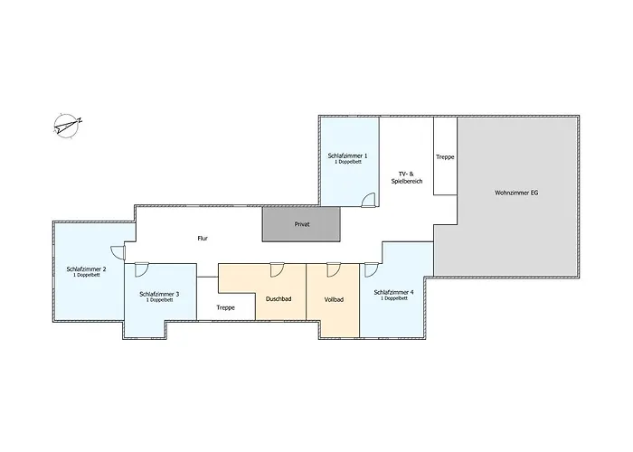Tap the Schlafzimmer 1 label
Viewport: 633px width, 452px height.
coord(347,156)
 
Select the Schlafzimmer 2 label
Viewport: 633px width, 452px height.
coord(86,268)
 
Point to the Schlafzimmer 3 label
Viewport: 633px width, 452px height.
coord(159,294)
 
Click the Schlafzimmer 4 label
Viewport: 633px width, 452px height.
coord(393,292)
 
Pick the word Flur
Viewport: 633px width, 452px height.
coord(203,238)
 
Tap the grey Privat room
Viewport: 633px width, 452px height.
coord(301,223)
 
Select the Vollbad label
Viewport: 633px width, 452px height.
coord(334,298)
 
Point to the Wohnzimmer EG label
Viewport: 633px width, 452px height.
coord(517,193)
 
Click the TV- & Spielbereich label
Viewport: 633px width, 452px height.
coord(405,177)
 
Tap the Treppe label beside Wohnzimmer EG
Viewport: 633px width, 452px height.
coord(445,157)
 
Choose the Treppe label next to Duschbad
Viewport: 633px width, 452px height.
coord(226,308)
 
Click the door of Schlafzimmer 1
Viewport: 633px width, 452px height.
coord(368,201)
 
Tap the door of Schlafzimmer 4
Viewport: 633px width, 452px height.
coord(372,268)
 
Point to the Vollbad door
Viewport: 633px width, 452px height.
coord(333,268)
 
